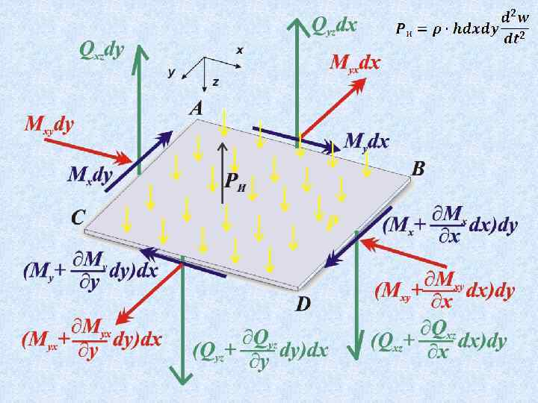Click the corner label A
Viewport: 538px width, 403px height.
pos(197,109)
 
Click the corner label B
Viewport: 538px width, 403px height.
pos(418,169)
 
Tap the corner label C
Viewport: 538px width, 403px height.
pos(78,217)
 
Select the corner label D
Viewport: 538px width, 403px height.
pos(303,304)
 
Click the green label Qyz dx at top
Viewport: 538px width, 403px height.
pos(334,27)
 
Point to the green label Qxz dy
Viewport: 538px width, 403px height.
pos(102,51)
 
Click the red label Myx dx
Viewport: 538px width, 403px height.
pos(355,63)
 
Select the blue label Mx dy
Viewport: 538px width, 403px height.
pos(90,175)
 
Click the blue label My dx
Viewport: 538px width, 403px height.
pos(367,140)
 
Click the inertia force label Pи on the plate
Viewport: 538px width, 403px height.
pos(235,181)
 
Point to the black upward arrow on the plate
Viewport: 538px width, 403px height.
pos(222,172)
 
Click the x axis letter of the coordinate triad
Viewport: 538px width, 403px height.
pos(240,50)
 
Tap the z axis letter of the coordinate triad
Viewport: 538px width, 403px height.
pos(215,81)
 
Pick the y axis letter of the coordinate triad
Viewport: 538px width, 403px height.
pos(172,72)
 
